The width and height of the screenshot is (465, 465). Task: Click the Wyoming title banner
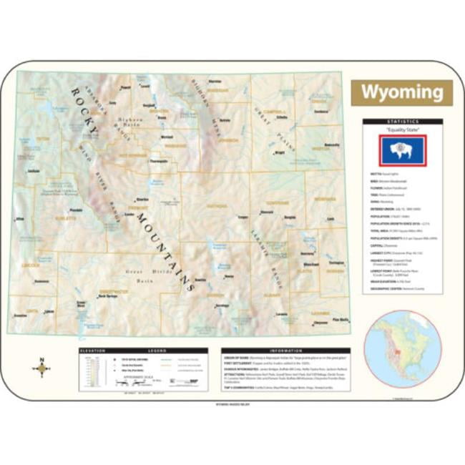[x=401, y=92]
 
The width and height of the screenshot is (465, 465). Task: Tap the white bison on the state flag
[x=401, y=150]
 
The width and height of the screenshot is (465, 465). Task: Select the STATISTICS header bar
[x=401, y=122]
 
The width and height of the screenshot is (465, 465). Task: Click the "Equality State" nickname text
[x=401, y=129]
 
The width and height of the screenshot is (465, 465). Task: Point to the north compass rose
[x=42, y=368]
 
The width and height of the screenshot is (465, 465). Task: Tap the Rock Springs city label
[x=107, y=295]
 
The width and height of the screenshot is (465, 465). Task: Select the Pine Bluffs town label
[x=339, y=319]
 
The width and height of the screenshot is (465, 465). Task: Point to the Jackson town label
[x=33, y=172]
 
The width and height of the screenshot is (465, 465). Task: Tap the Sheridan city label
[x=213, y=81]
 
